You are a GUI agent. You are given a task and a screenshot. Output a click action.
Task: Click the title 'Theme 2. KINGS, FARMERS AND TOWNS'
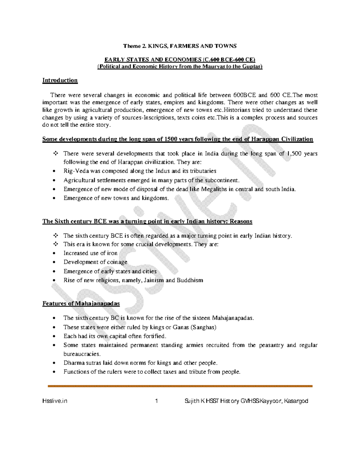(180, 46)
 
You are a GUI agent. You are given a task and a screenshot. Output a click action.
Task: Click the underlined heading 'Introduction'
(60, 80)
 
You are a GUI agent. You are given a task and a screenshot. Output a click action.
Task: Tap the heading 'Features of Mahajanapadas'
(81, 303)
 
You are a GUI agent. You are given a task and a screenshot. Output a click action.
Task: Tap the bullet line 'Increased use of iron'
(90, 253)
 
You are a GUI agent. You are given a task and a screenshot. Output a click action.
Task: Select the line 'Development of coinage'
(95, 262)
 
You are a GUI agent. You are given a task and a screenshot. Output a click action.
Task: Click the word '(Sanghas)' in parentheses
(203, 327)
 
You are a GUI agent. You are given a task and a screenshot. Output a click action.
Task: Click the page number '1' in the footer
(156, 401)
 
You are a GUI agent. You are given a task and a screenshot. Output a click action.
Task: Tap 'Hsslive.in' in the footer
(55, 401)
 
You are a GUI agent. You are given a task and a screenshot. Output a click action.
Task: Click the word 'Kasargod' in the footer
(296, 401)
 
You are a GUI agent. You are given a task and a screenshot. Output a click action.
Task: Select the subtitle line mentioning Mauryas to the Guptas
(180, 66)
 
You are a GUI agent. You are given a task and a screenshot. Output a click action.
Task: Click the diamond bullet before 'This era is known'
(55, 244)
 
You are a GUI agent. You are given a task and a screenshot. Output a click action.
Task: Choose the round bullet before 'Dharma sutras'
(54, 363)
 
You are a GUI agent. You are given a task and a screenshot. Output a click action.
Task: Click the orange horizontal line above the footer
(180, 386)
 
